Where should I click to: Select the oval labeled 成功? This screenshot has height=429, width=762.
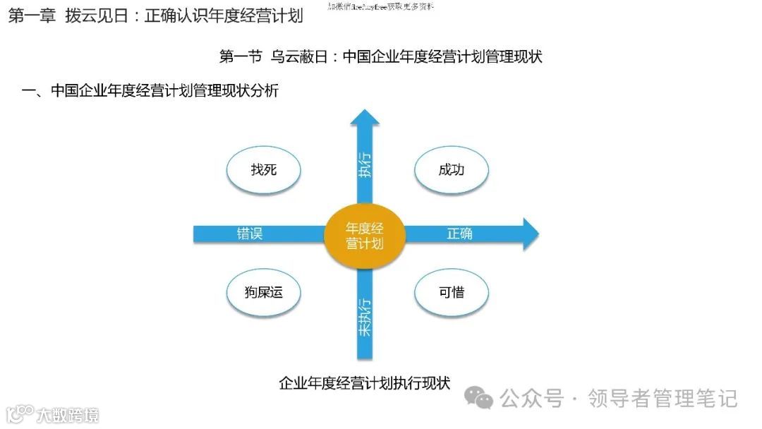point(452,170)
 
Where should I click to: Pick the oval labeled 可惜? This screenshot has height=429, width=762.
point(452,291)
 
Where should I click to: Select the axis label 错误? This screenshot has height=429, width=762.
point(250,234)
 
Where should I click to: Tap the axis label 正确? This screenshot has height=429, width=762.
point(460,234)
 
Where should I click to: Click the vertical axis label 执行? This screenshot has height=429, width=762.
point(364,164)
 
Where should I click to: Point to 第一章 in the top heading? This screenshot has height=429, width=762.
point(32,16)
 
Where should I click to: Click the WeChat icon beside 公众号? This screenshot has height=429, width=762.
point(483,399)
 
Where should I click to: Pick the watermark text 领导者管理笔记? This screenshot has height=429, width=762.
point(662,399)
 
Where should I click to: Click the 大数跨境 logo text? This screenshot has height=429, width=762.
point(68,414)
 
